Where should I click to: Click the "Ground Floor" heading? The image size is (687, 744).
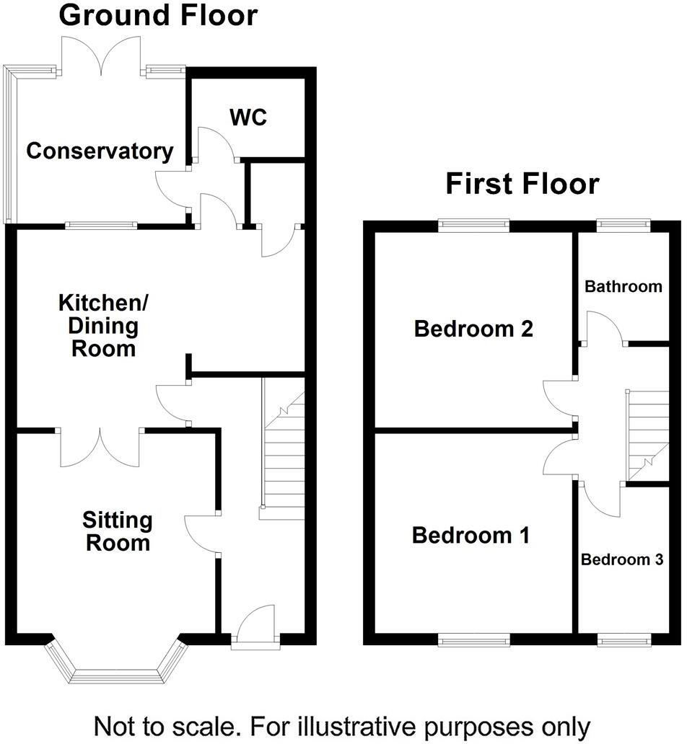[x=157, y=15]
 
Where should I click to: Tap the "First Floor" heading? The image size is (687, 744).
[x=522, y=183]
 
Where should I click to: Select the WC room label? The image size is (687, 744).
[x=248, y=117]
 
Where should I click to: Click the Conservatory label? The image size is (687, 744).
[x=100, y=151]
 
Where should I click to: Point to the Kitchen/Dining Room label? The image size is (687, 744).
[x=98, y=325]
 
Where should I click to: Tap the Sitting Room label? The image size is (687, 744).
[x=117, y=531]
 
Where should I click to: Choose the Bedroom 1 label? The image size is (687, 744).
[x=471, y=536]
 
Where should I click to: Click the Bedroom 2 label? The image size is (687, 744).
[x=473, y=329]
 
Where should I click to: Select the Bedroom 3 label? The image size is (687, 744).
[x=622, y=559]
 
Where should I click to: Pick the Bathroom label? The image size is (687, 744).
[x=623, y=286]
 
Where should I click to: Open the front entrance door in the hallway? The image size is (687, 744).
[x=255, y=626]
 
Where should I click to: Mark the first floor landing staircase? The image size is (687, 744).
[x=647, y=436]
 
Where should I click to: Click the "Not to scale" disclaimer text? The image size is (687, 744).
[x=342, y=725]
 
